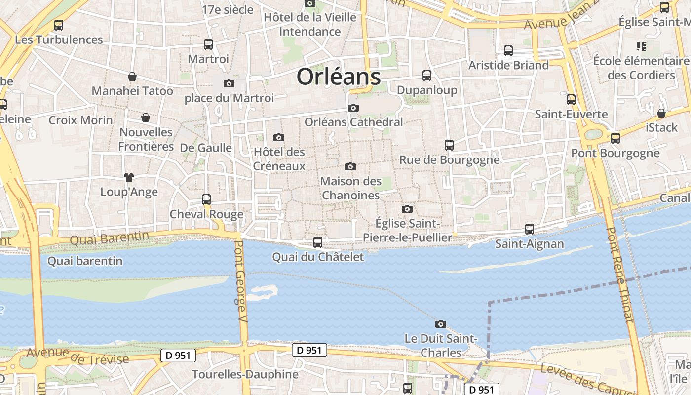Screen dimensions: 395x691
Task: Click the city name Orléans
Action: click(x=339, y=77)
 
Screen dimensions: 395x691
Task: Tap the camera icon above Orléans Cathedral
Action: click(x=353, y=108)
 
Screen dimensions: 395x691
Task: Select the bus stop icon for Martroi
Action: click(x=208, y=44)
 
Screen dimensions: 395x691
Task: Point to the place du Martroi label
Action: click(x=229, y=98)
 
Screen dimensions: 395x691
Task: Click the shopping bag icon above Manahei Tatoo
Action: click(x=132, y=77)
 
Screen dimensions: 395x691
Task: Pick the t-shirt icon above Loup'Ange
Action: click(x=129, y=177)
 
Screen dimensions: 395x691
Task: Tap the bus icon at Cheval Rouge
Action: click(x=206, y=199)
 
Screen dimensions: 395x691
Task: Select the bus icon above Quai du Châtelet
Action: click(x=318, y=242)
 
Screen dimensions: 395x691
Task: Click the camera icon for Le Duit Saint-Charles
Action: click(x=441, y=324)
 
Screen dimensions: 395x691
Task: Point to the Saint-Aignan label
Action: click(x=529, y=243)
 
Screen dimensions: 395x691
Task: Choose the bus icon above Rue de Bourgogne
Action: click(x=449, y=145)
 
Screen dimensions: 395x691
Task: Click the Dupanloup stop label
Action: click(x=427, y=90)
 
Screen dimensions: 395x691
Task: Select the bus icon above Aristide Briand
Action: click(x=508, y=50)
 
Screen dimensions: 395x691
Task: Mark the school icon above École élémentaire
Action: click(x=641, y=46)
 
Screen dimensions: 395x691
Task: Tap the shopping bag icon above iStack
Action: click(x=661, y=113)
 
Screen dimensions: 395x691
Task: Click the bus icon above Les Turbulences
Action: click(x=59, y=25)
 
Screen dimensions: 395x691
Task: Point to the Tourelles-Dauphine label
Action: click(x=245, y=374)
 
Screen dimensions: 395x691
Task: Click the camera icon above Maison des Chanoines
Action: click(x=350, y=166)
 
